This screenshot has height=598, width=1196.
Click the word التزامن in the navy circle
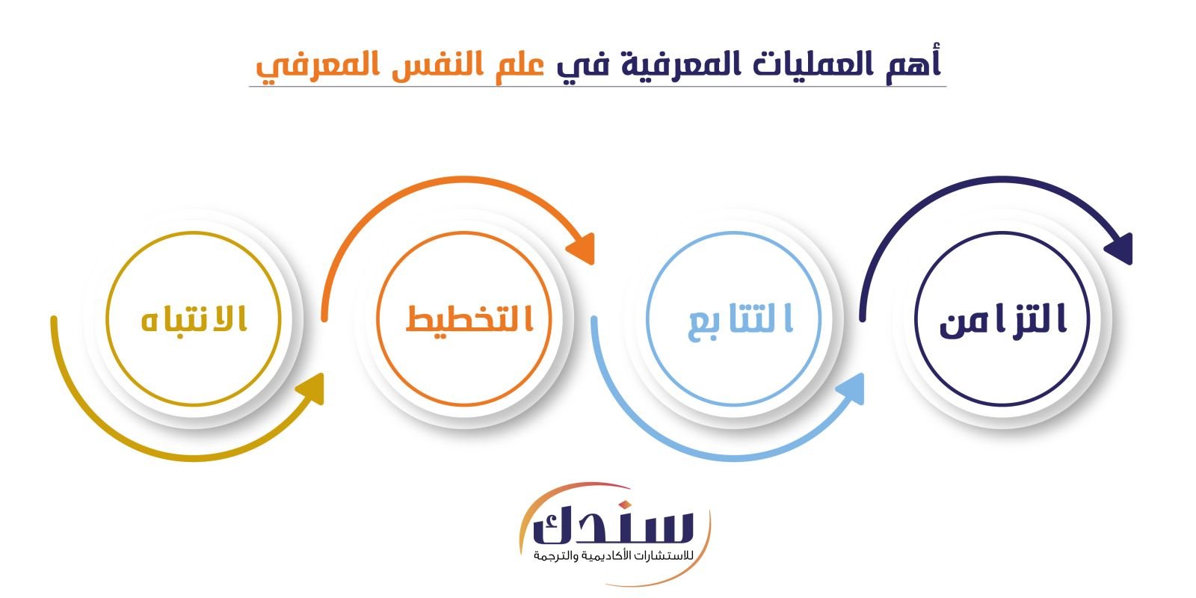(1002, 320)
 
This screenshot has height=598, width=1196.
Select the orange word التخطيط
(470, 318)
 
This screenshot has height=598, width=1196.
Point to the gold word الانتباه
(194, 318)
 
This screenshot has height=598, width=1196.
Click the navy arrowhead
(1121, 248)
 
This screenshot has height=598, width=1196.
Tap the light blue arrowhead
(851, 389)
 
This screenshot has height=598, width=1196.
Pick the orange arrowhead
(582, 248)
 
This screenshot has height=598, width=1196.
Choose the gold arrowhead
(311, 389)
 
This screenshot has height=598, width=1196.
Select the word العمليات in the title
(811, 64)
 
